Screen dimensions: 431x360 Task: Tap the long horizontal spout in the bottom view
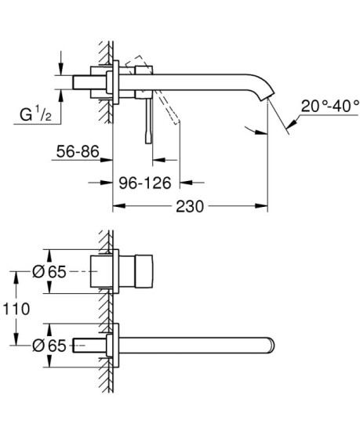point(196,345)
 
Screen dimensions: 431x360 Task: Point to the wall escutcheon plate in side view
point(116,81)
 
